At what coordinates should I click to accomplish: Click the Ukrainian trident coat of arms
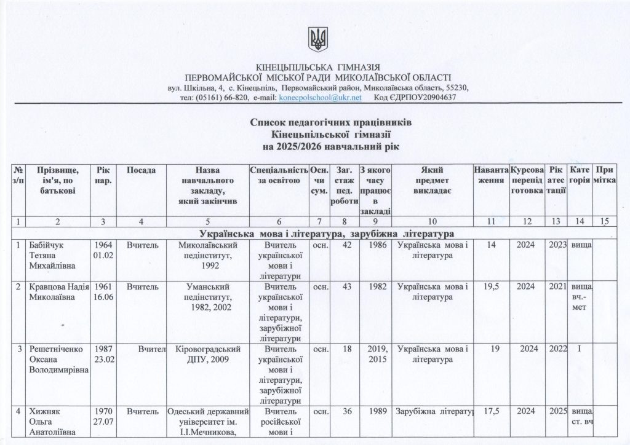[317, 41]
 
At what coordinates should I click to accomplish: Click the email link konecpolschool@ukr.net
[320, 98]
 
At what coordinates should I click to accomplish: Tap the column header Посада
[141, 170]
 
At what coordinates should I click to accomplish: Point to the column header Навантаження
[491, 175]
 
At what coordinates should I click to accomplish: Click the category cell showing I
[580, 349]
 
